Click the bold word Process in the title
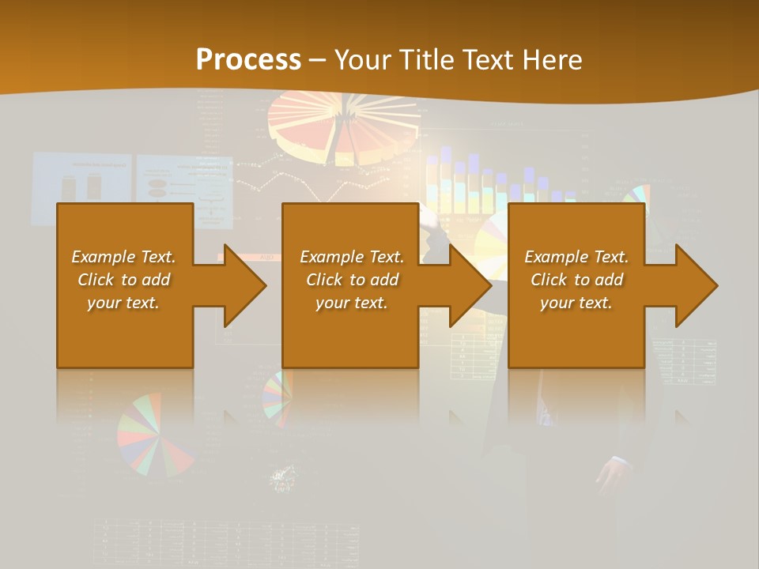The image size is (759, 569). pyautogui.click(x=248, y=60)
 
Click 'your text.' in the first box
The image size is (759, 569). pyautogui.click(x=123, y=303)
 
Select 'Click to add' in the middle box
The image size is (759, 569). pyautogui.click(x=353, y=280)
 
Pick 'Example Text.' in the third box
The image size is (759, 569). pyautogui.click(x=576, y=257)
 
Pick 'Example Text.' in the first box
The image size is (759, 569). pyautogui.click(x=123, y=257)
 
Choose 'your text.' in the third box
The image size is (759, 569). pyautogui.click(x=576, y=303)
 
